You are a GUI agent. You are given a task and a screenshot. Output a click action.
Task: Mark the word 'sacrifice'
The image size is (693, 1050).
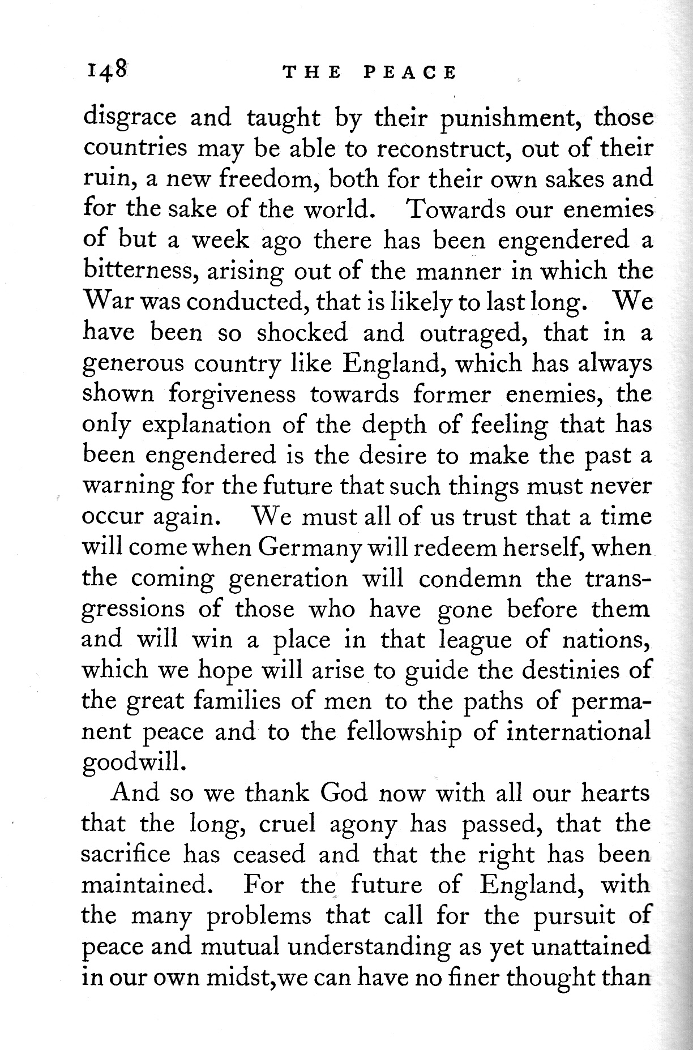coord(126,854)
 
